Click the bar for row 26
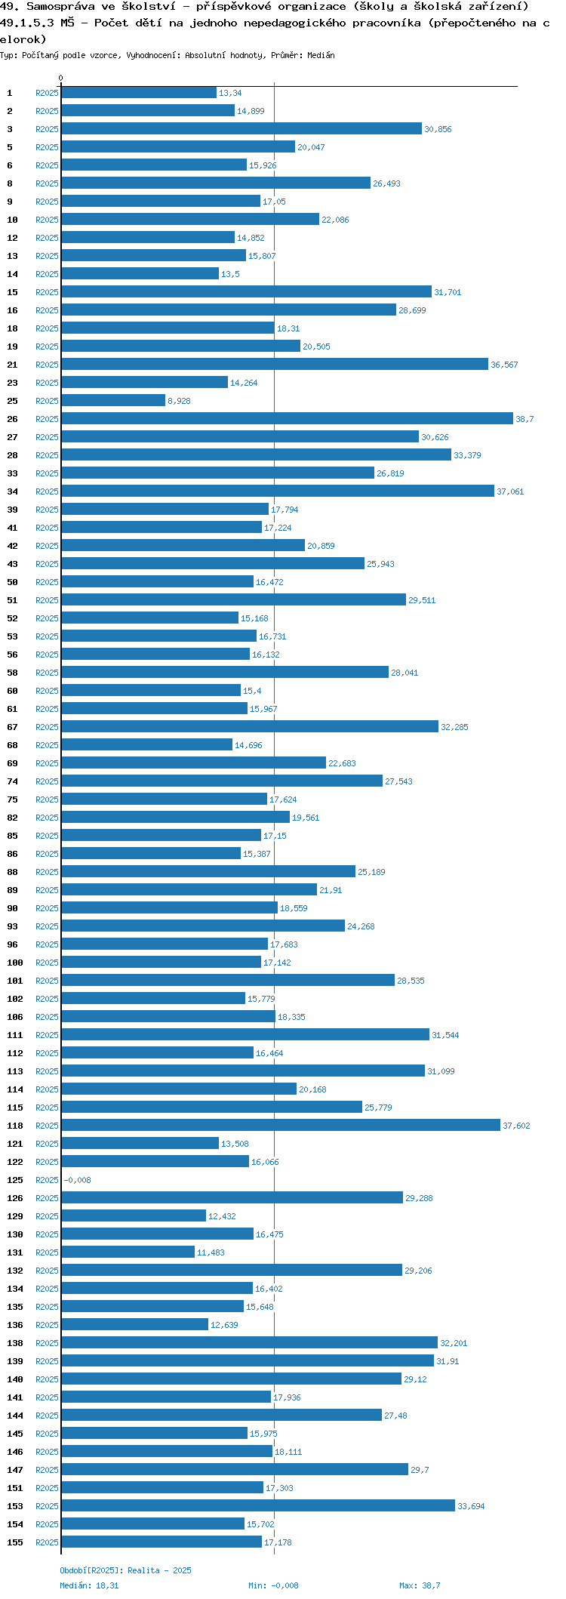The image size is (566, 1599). click(x=287, y=418)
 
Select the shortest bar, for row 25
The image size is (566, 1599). click(x=113, y=400)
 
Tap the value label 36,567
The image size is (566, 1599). click(x=504, y=365)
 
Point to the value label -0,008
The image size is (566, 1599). click(x=77, y=1180)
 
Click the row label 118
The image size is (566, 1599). click(x=15, y=1126)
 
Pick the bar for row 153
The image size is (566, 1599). click(x=258, y=1505)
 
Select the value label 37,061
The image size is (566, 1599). click(x=510, y=491)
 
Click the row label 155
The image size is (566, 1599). click(x=15, y=1542)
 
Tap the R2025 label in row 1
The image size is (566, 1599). click(x=47, y=93)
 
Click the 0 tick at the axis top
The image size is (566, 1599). click(x=61, y=79)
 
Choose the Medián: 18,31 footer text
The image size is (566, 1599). click(x=89, y=1585)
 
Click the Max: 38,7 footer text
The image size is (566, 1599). click(x=420, y=1585)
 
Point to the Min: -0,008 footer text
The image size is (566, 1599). click(x=273, y=1585)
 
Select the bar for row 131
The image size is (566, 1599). click(x=128, y=1252)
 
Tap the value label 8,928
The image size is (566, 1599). click(x=179, y=401)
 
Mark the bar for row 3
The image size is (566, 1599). click(x=241, y=128)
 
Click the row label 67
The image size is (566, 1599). click(x=13, y=727)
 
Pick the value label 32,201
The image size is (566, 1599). click(x=454, y=1343)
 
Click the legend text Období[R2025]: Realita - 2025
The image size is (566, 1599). click(x=125, y=1570)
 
